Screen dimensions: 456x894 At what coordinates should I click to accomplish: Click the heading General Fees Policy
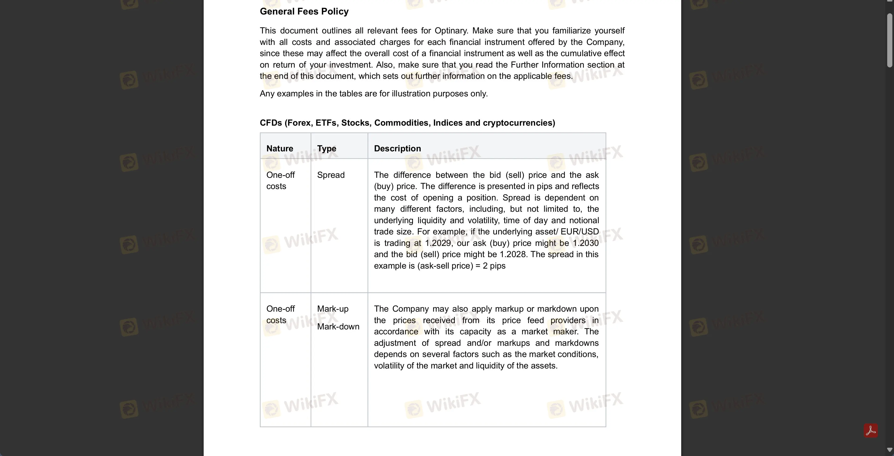tap(304, 11)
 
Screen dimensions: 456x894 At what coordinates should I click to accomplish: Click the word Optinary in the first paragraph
tap(450, 31)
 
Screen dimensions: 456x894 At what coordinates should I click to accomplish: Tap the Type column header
tap(326, 148)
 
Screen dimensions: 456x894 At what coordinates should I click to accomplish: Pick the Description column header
tap(397, 148)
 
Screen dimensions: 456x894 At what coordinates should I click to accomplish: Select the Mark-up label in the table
tap(332, 309)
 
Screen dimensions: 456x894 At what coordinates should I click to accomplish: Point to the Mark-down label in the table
tap(338, 327)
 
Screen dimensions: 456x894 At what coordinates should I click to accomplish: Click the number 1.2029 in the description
tap(438, 243)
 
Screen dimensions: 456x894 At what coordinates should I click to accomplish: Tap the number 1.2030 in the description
tap(585, 243)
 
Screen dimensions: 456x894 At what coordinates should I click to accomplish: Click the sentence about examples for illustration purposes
tap(373, 94)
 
